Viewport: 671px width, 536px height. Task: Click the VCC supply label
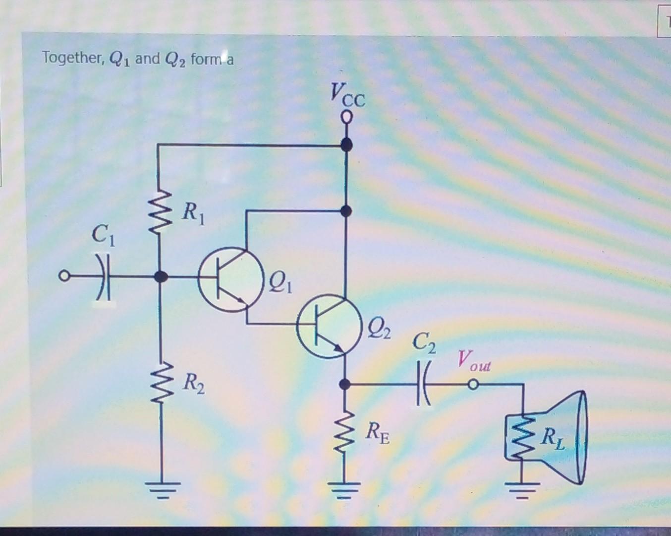click(x=347, y=96)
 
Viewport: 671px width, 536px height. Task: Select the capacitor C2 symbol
click(x=425, y=385)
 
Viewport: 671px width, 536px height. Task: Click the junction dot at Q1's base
click(x=159, y=276)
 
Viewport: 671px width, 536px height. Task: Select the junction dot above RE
click(x=346, y=384)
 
